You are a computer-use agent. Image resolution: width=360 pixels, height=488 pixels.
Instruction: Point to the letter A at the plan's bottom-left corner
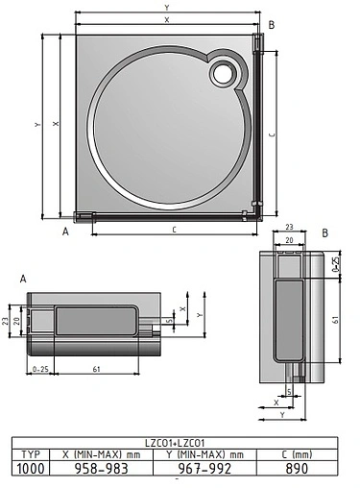click(66, 232)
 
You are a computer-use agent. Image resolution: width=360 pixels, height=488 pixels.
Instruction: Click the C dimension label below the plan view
click(173, 231)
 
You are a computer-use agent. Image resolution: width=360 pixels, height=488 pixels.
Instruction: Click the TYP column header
click(32, 453)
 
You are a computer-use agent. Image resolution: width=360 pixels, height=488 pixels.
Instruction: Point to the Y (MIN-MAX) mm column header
click(204, 453)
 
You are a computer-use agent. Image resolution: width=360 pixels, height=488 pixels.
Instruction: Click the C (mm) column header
click(299, 453)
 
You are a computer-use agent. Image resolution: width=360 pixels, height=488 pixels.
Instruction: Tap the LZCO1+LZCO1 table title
click(180, 443)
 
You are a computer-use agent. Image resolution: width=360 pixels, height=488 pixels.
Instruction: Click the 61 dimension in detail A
click(99, 368)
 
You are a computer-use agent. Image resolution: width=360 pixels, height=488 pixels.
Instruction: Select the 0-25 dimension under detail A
click(39, 368)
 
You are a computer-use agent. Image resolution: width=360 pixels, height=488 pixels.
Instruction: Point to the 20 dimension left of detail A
click(17, 319)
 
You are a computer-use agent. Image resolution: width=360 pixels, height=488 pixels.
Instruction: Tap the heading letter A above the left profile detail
click(22, 277)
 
